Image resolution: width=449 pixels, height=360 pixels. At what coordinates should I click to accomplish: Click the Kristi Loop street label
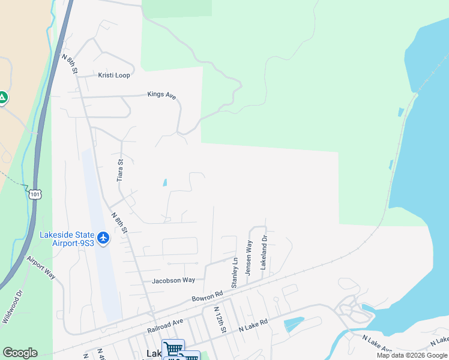coord(114,76)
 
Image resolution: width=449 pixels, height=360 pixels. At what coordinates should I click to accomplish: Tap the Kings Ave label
coord(163,95)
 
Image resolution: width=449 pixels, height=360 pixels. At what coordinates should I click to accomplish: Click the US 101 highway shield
coord(35,194)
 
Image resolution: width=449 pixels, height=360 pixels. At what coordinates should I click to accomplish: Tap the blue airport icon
coord(103,238)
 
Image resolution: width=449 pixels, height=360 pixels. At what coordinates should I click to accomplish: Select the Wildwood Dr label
coord(11,307)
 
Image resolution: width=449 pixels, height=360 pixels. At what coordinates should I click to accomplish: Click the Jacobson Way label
coord(173,280)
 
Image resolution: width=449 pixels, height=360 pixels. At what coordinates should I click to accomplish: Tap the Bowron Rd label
coord(207,296)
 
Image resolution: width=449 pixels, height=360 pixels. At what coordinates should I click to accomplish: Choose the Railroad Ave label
coord(165,326)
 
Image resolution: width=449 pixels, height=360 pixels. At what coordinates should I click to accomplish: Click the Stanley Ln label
coord(235,272)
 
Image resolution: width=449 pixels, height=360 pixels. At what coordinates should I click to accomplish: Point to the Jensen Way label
coord(249,258)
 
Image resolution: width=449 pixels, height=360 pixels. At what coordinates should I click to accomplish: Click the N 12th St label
coord(220,321)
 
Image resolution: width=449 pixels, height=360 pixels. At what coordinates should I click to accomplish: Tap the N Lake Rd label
coord(253,326)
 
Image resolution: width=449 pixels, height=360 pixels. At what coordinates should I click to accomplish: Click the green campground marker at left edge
coord(2,97)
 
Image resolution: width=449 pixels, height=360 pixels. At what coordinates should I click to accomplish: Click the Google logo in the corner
coord(20,353)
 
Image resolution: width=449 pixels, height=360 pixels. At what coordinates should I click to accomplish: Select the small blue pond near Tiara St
coord(164,182)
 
